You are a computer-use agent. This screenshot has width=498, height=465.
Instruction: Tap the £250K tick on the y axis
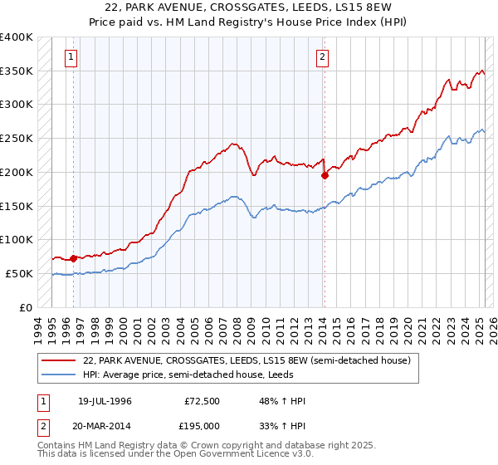click(x=17, y=139)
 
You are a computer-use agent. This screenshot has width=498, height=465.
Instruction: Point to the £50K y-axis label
click(x=19, y=273)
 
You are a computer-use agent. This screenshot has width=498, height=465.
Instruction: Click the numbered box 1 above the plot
click(x=72, y=57)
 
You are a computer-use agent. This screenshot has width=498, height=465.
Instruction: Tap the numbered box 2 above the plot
click(x=322, y=57)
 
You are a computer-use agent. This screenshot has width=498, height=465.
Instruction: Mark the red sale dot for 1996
click(x=73, y=258)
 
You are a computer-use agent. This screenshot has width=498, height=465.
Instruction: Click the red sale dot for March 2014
click(x=325, y=175)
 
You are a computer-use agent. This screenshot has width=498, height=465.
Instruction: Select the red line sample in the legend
click(x=60, y=361)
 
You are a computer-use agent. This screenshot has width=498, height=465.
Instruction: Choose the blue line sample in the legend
click(x=60, y=374)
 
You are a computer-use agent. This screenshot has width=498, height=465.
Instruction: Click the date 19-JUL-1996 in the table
click(x=105, y=401)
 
